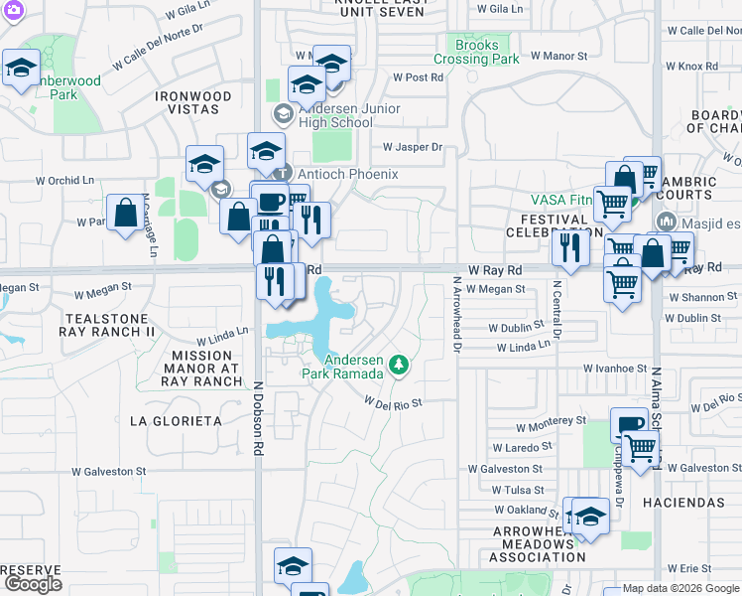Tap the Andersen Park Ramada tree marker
tap(398, 366)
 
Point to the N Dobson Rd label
tap(257, 419)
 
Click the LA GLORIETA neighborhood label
tap(176, 421)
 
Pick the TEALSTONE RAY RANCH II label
tap(109, 324)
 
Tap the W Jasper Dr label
tap(412, 147)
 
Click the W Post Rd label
tap(417, 76)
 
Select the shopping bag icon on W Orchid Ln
tap(126, 213)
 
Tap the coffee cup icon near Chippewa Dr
tap(628, 424)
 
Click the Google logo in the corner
tap(32, 584)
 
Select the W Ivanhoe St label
tap(614, 368)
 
